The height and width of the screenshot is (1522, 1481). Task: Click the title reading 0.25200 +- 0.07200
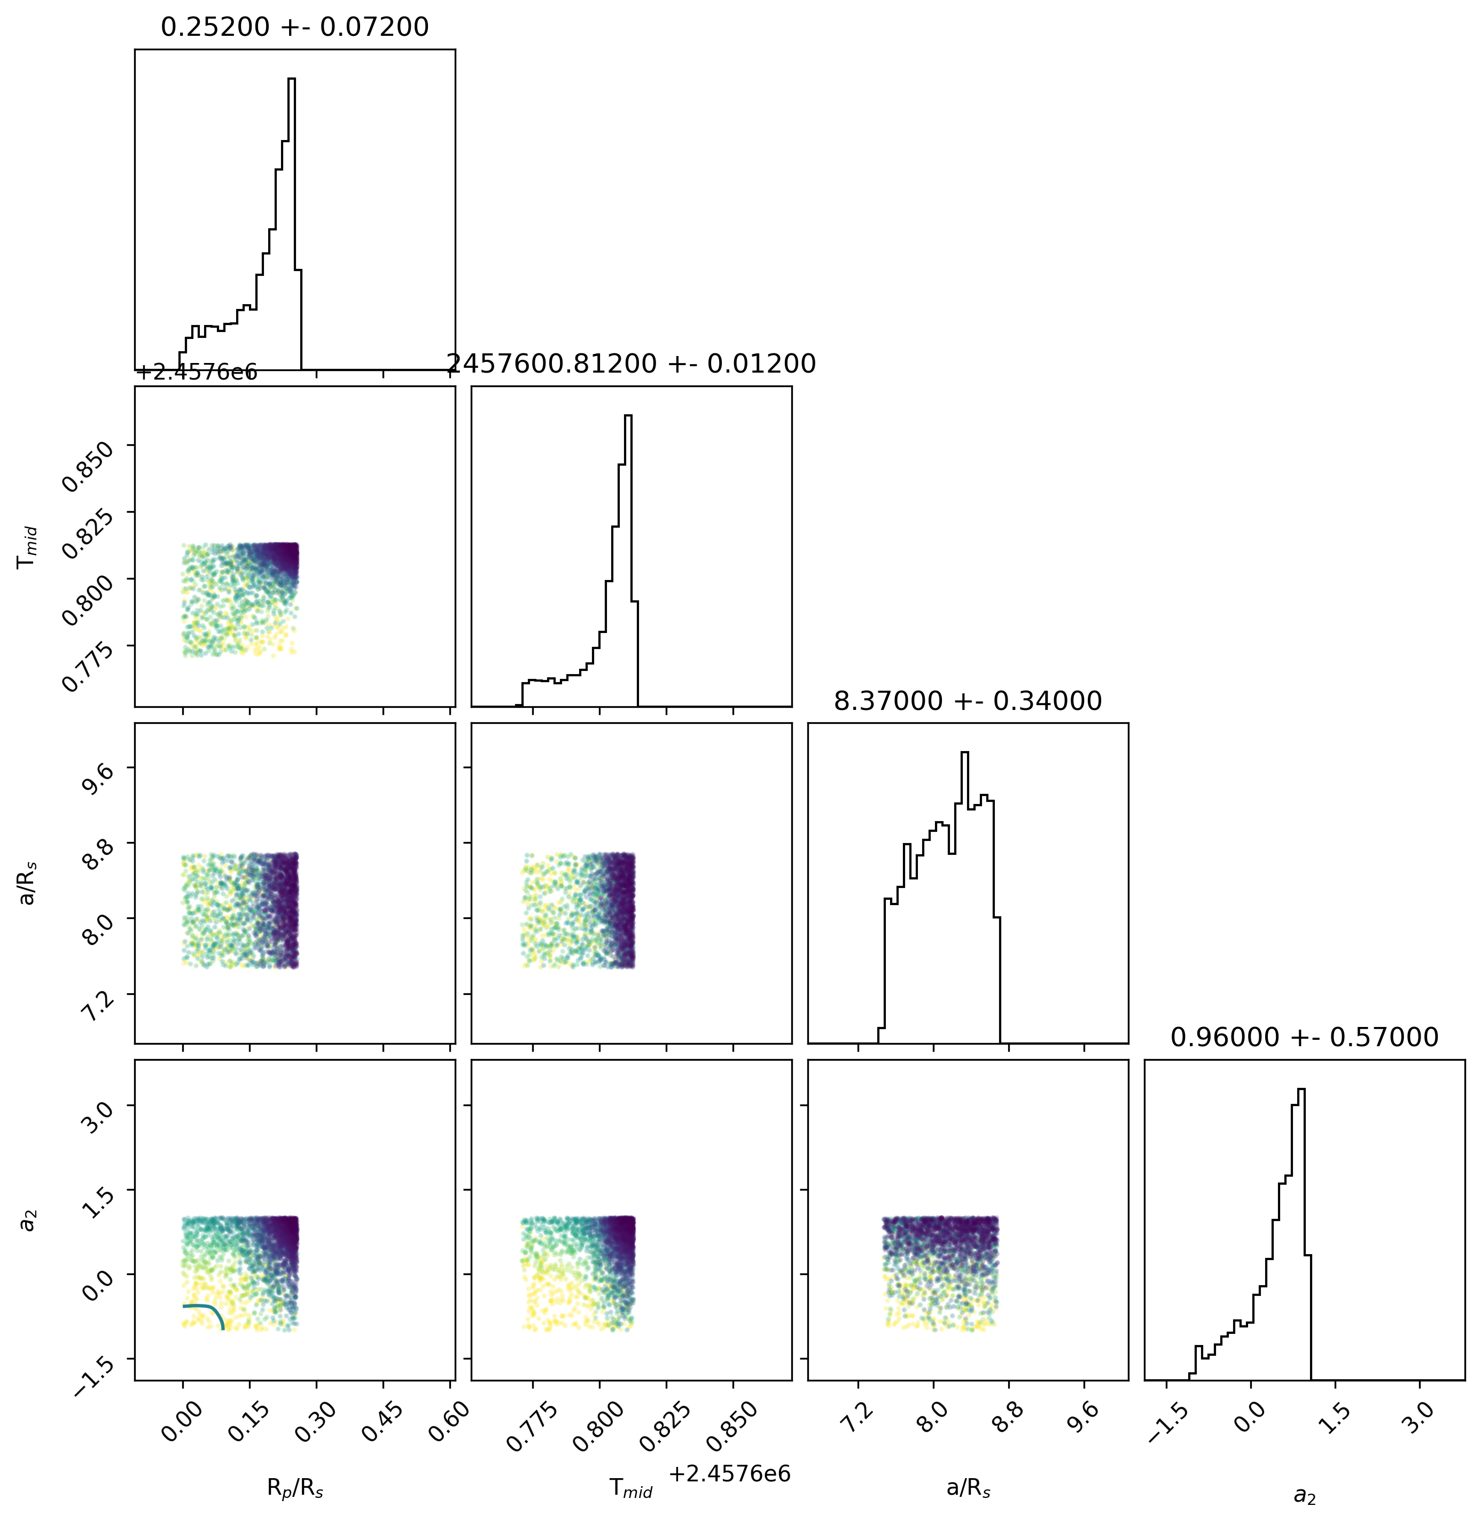pos(295,27)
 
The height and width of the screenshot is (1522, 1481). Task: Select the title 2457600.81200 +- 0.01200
pos(632,364)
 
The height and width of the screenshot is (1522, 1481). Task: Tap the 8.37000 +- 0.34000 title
pos(968,701)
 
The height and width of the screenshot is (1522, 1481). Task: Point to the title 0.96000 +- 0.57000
pos(1305,1037)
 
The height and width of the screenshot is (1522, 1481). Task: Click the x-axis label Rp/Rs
pos(295,1488)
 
